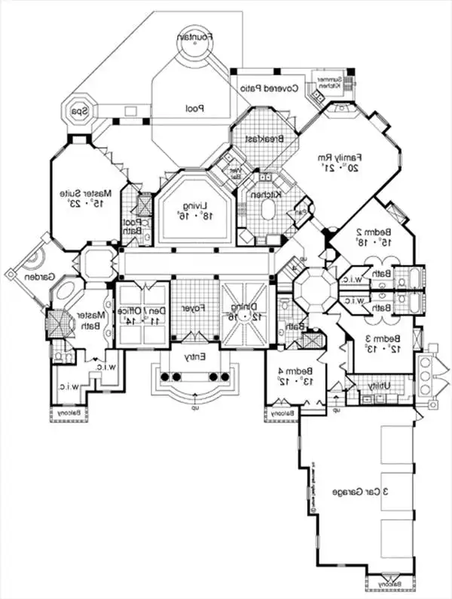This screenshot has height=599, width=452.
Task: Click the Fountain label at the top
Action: tap(197, 35)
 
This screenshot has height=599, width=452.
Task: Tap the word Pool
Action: tap(196, 109)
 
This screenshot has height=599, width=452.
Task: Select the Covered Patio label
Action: tap(270, 88)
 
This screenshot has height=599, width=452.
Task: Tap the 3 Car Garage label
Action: tap(363, 491)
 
